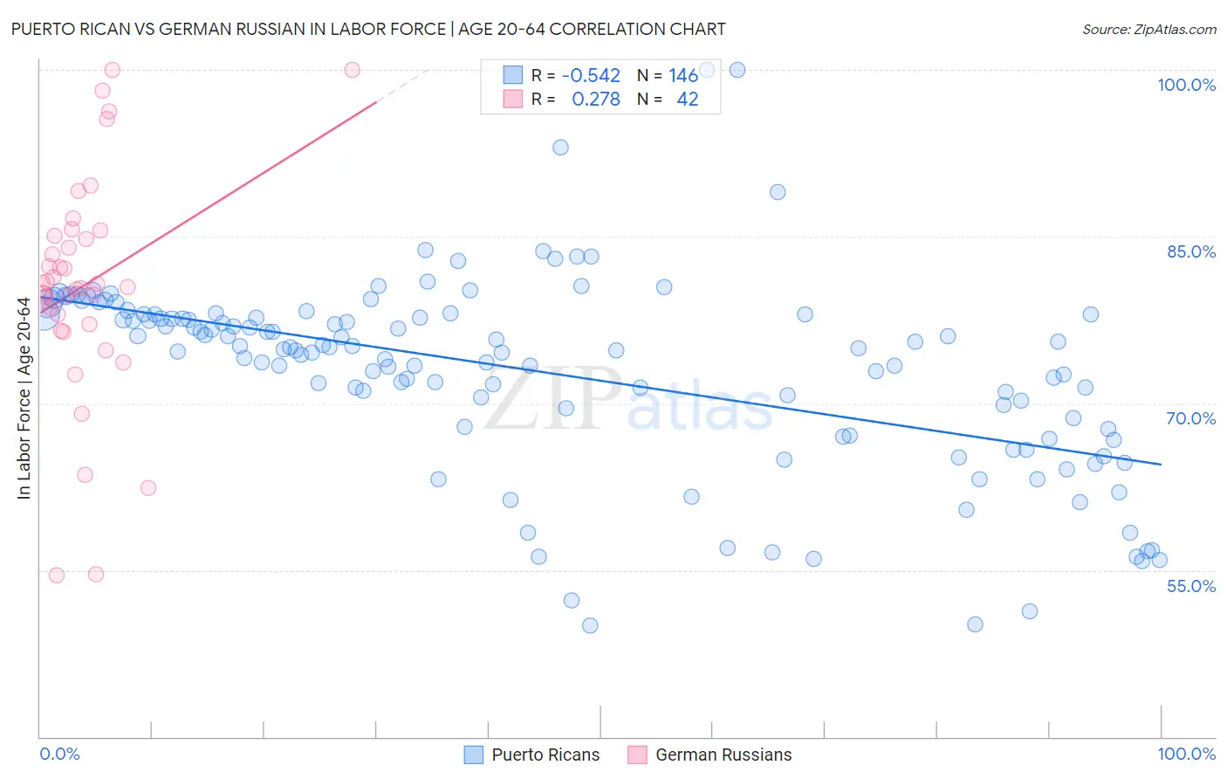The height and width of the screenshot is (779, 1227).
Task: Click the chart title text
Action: click(367, 29)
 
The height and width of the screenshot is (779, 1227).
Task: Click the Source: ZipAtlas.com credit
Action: click(1148, 29)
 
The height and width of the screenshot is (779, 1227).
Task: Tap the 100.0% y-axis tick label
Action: click(1186, 85)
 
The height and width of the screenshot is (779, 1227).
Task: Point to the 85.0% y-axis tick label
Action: click(1190, 252)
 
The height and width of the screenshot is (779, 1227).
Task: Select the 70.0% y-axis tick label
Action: click(1190, 418)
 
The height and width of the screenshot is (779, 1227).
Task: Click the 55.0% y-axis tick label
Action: click(1190, 586)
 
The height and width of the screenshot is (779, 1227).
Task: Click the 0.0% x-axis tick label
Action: click(59, 754)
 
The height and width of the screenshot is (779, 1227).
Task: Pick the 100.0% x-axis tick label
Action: click(1186, 754)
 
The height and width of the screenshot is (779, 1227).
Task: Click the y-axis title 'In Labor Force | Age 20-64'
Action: click(24, 399)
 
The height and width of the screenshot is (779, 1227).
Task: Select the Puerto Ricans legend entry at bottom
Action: click(531, 755)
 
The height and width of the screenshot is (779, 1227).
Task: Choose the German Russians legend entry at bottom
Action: click(709, 755)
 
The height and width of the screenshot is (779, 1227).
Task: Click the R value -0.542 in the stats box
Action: click(591, 76)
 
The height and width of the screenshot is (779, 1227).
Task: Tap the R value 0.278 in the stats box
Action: click(595, 100)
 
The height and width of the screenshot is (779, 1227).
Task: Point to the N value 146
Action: click(683, 76)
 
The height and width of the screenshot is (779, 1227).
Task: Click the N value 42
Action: click(687, 100)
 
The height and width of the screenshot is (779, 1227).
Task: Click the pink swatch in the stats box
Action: click(512, 99)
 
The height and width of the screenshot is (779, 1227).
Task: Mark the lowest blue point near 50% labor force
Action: click(590, 625)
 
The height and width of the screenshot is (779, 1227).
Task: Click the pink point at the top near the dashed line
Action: click(353, 70)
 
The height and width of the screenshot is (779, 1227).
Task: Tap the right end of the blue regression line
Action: click(1161, 464)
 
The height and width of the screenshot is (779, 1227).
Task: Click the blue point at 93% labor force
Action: click(560, 148)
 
